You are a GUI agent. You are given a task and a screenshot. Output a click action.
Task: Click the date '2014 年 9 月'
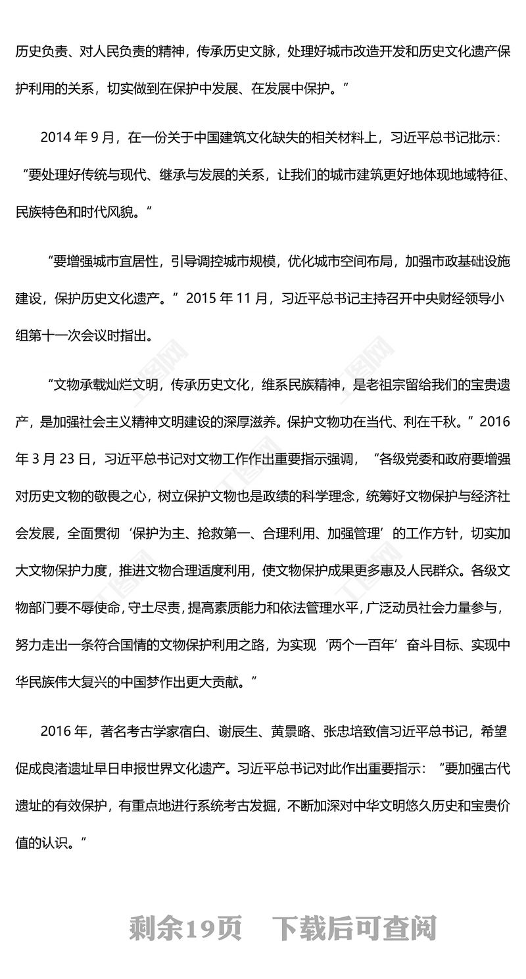pyautogui.click(x=78, y=137)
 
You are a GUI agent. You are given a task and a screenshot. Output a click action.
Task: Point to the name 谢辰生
pyautogui.click(x=243, y=730)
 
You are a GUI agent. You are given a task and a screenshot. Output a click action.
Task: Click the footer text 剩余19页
pyautogui.click(x=186, y=928)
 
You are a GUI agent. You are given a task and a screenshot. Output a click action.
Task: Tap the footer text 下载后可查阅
pyautogui.click(x=354, y=928)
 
